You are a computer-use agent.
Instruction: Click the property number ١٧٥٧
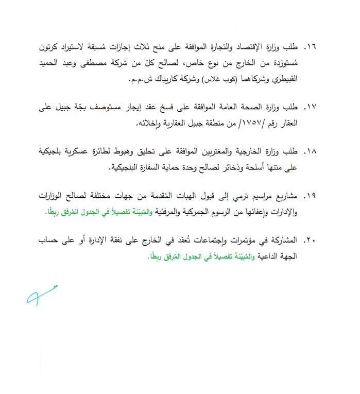point(247,125)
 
